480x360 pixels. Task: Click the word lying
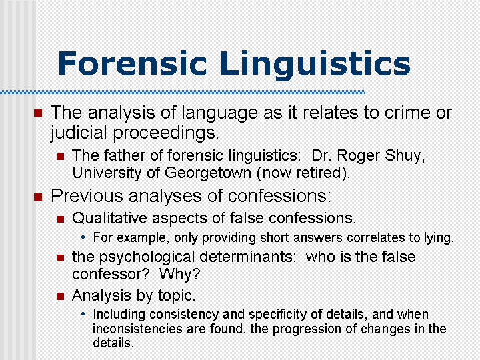(x=438, y=237)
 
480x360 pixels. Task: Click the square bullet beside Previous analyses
(x=37, y=196)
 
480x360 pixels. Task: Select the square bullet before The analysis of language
(x=37, y=113)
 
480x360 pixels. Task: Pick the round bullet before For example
(x=84, y=237)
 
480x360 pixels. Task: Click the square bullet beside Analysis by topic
(x=60, y=295)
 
